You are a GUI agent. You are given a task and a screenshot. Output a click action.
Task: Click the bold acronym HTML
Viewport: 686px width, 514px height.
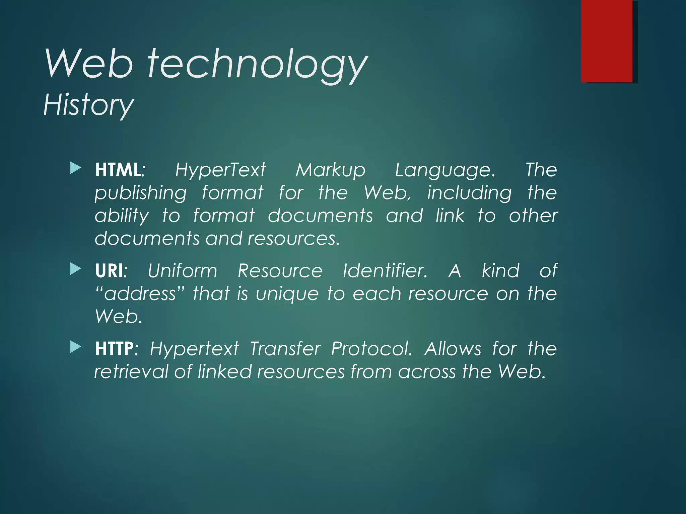click(118, 170)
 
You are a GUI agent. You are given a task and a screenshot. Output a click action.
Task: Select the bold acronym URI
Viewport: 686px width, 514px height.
click(109, 271)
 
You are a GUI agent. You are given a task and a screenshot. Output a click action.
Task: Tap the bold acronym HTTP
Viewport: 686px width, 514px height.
click(114, 349)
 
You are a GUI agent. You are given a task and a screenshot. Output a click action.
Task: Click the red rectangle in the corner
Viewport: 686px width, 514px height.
click(607, 41)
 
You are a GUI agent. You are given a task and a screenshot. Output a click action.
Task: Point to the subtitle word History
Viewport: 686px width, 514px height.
click(88, 105)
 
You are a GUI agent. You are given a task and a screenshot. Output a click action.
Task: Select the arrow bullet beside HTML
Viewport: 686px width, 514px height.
click(76, 168)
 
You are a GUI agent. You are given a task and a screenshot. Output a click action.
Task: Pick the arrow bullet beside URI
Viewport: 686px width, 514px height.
click(76, 269)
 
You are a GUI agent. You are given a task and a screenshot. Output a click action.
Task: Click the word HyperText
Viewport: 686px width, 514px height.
click(220, 171)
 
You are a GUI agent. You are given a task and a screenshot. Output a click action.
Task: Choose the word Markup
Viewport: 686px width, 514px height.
click(330, 171)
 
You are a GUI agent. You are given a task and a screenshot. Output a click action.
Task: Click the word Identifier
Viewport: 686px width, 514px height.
click(385, 271)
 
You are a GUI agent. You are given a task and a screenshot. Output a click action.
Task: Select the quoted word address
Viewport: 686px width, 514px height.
click(140, 294)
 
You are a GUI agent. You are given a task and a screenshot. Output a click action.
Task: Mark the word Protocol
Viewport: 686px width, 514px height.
click(371, 349)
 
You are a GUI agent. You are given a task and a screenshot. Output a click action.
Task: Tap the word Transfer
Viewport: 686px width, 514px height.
click(285, 349)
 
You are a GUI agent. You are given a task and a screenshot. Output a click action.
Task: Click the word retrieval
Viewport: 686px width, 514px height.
click(131, 372)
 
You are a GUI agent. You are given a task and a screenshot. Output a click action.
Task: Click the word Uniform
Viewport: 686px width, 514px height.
click(183, 271)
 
